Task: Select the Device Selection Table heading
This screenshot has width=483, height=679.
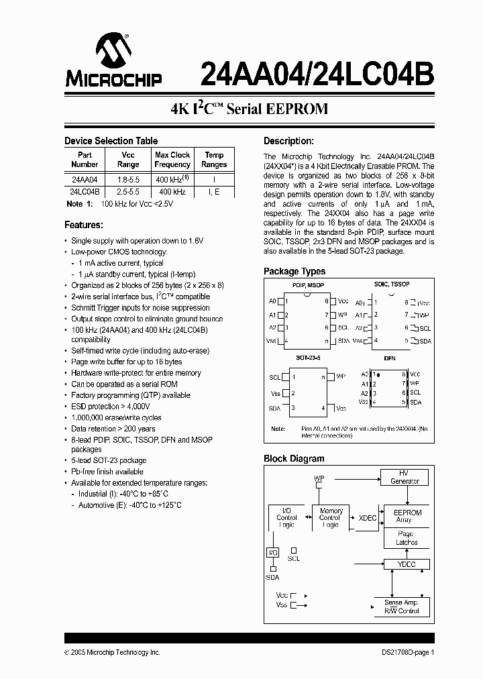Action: pos(111,141)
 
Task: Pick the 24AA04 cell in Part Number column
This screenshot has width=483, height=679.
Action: pos(85,180)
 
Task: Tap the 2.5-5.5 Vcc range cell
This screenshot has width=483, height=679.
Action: pos(128,192)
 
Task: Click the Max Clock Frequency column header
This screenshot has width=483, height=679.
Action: pos(172,160)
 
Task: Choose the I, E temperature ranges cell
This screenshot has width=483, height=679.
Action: pos(214,192)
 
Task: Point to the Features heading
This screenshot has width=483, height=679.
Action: pos(83,225)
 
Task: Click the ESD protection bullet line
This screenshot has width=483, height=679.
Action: pos(111,407)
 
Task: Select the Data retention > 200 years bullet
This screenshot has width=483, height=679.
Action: pos(113,429)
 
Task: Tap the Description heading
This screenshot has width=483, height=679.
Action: pos(288,141)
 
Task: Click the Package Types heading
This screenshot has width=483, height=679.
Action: pos(294,271)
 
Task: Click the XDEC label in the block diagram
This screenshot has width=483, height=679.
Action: pos(367,518)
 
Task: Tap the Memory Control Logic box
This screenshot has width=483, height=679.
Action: pos(330,518)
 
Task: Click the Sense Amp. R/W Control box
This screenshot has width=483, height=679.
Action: pos(401,607)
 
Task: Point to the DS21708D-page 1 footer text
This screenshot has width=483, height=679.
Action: pos(404,652)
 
